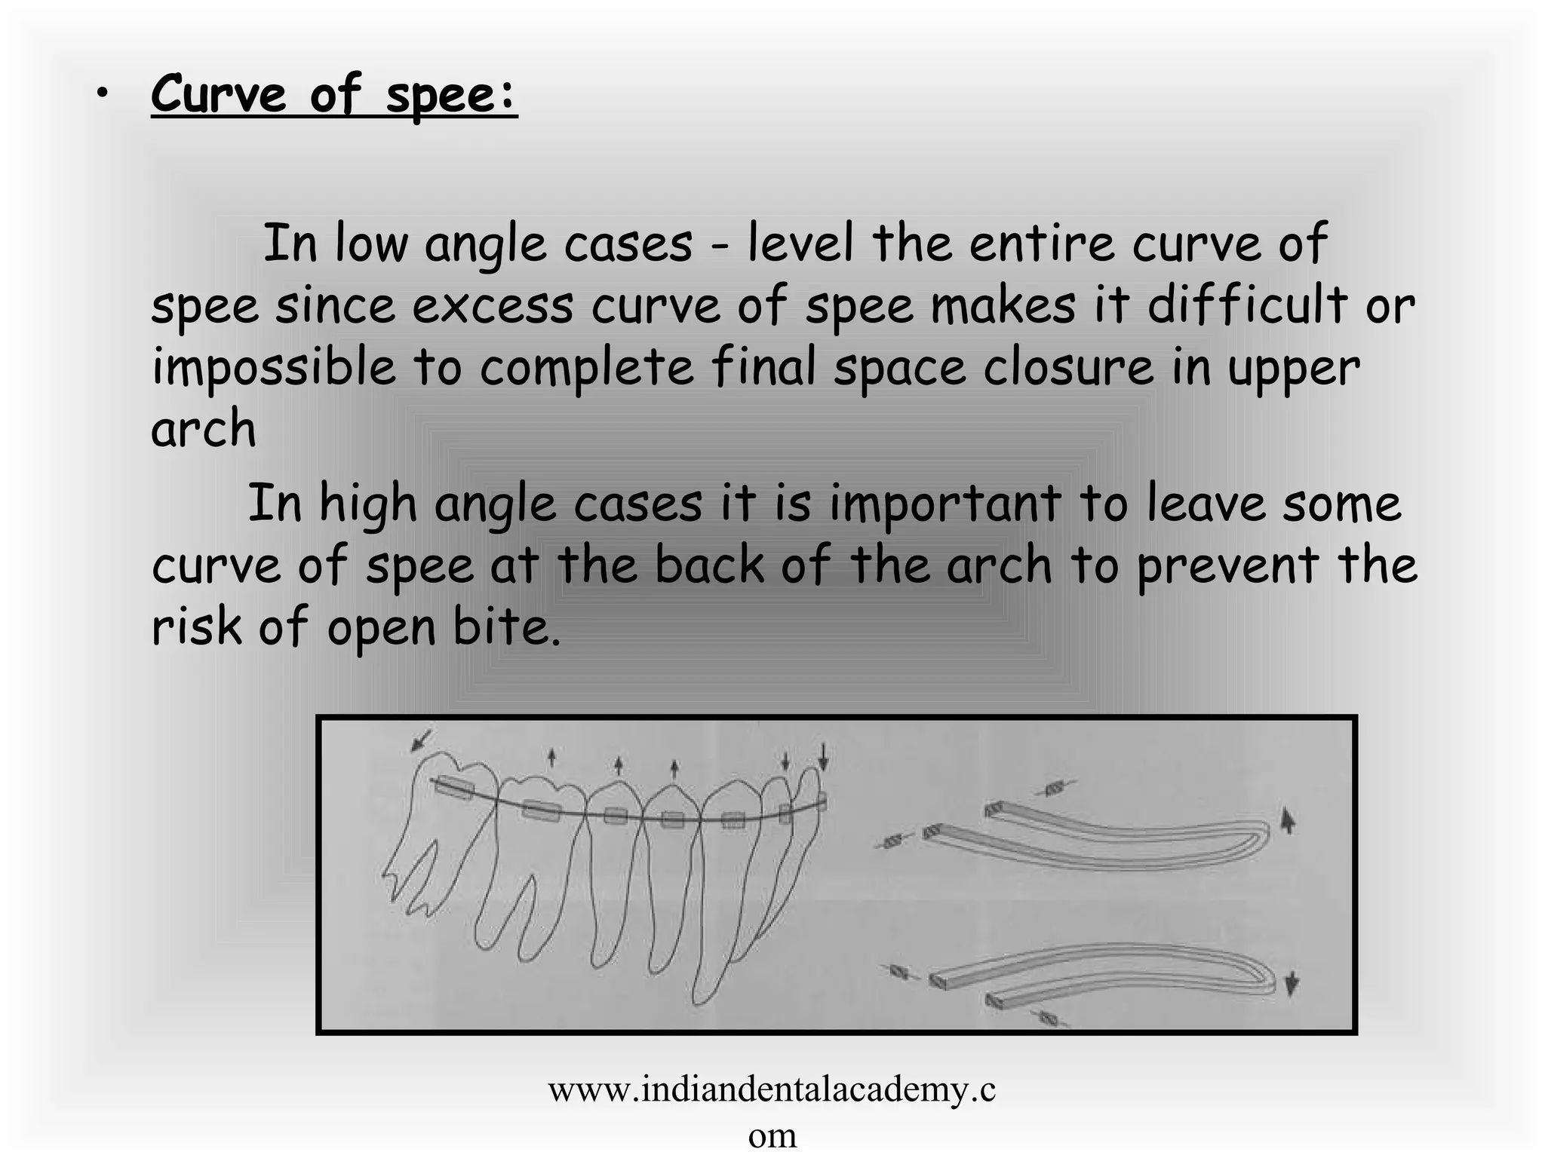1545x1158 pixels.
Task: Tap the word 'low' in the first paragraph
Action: (370, 244)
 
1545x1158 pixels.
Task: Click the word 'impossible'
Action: (273, 368)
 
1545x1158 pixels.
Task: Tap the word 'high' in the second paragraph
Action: (367, 504)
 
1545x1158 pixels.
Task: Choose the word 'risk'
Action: (196, 626)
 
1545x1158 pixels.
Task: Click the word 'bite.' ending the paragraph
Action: (507, 626)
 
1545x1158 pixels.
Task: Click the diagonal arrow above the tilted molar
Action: (422, 740)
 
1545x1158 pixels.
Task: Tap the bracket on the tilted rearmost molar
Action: (453, 787)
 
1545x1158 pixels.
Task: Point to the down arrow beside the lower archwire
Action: (1292, 982)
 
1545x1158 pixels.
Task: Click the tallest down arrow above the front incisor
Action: (824, 756)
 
